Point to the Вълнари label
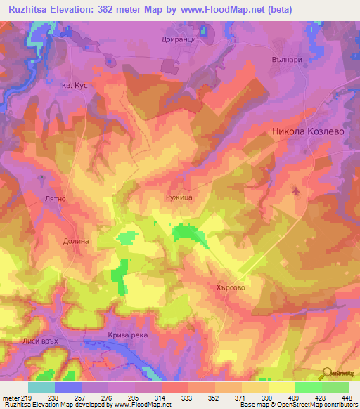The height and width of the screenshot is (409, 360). coord(286,60)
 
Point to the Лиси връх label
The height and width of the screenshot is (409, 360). coord(39,342)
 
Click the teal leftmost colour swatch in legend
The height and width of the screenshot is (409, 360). coord(41,387)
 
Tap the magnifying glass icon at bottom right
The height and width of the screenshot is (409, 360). coord(326,372)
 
